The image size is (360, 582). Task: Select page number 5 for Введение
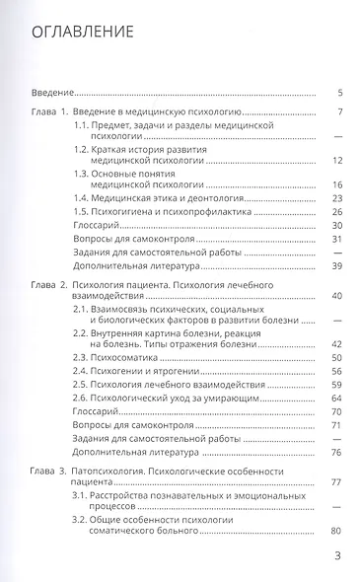tap(338, 91)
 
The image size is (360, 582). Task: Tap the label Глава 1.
tap(44, 114)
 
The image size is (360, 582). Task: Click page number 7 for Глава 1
tap(338, 114)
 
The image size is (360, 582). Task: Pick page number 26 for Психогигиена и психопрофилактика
tap(336, 212)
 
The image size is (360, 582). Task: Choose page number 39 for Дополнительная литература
tap(336, 267)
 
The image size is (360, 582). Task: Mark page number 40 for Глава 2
tap(336, 296)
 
